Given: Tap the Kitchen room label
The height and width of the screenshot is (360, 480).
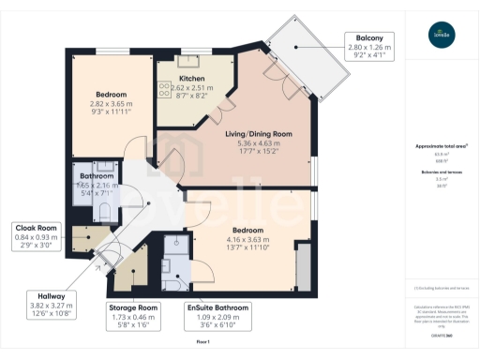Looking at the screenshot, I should pyautogui.click(x=192, y=79).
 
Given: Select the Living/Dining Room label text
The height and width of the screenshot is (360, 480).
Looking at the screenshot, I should pyautogui.click(x=258, y=134).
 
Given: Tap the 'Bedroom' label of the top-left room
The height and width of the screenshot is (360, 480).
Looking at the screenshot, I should pyautogui.click(x=112, y=94).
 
